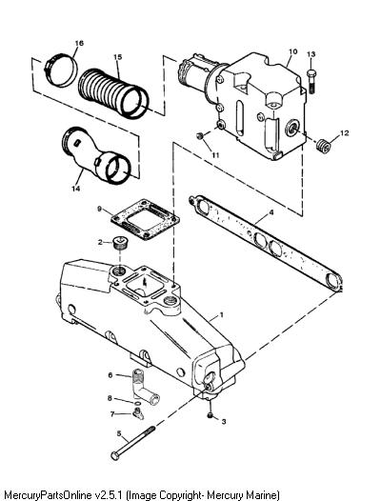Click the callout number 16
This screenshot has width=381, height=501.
coord(79,43)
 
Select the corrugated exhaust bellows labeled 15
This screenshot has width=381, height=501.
coord(113,93)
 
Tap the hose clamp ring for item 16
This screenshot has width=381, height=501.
coord(61,70)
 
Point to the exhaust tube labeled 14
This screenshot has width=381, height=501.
coord(96,155)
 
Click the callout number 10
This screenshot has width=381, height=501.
coord(293,51)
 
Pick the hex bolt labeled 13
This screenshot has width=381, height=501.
coord(311,82)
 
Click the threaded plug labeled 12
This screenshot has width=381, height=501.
coord(324,147)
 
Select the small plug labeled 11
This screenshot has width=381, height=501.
coord(199,136)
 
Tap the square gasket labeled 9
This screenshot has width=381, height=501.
coord(145,219)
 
